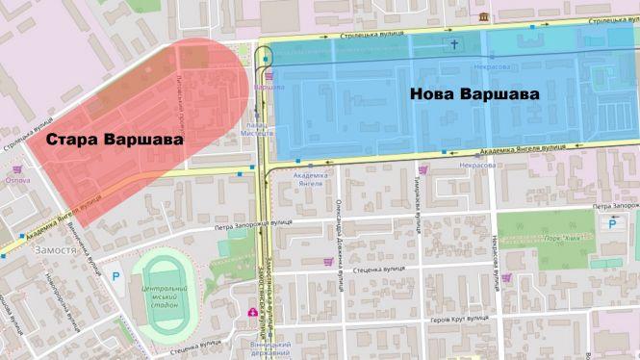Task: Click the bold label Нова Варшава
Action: click(x=473, y=95)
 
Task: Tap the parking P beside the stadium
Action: click(x=116, y=276)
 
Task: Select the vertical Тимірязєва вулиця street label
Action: click(x=418, y=201)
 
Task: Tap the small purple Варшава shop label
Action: click(x=263, y=86)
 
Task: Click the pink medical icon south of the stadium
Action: click(x=253, y=313)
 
